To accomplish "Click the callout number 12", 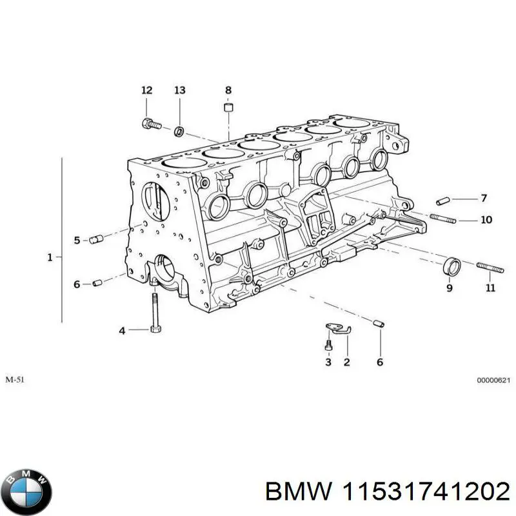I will (147, 90).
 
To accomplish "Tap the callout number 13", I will (179, 90).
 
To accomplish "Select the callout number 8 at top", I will (228, 90).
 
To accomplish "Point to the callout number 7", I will (484, 198).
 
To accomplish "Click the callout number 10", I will (486, 220).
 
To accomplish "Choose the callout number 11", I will (490, 288).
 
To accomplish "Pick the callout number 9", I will (450, 288).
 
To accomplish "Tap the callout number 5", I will (77, 241).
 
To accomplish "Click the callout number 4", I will (122, 332).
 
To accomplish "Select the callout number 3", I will (328, 362).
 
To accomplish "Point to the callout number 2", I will (346, 362).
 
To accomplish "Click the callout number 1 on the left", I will (50, 257).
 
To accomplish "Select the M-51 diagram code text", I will (17, 381).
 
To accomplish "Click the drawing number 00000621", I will (493, 381).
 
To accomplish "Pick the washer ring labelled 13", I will (179, 132).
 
